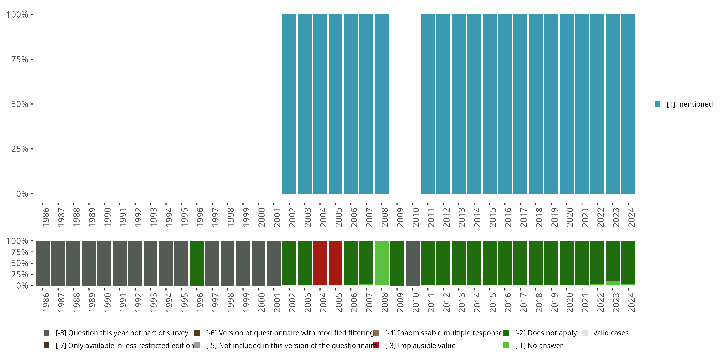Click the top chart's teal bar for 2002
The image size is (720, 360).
point(289,104)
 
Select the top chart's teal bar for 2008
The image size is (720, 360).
point(382,104)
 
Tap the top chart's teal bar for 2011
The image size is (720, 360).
point(428,104)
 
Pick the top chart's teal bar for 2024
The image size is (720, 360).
point(628,104)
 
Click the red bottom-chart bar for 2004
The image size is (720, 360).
point(320,263)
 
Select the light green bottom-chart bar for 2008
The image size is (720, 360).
point(382,263)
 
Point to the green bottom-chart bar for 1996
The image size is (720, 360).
point(197,263)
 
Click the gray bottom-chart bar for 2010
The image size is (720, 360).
point(412,263)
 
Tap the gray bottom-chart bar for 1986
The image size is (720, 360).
point(43,263)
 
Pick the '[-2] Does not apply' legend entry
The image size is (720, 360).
point(545,333)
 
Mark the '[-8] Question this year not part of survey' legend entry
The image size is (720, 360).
point(122,333)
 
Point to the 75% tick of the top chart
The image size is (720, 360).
point(20,60)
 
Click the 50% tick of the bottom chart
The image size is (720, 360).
point(20,263)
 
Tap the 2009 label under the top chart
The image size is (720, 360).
point(400,217)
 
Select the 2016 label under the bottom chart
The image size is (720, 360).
point(508,302)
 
